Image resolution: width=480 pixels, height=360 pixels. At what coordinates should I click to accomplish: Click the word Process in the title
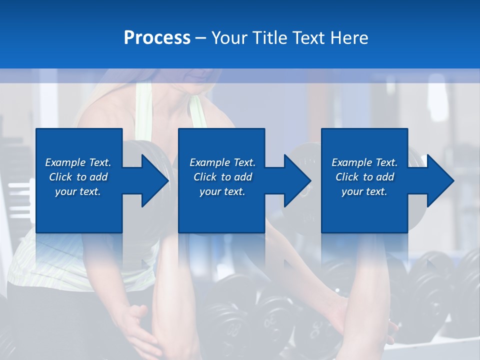pos(157,38)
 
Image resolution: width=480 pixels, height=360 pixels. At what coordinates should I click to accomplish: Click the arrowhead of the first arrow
pos(155,180)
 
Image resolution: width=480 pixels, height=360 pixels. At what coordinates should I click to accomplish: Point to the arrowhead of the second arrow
pos(298,180)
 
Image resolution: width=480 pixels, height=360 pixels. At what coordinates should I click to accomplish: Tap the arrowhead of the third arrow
pos(440,180)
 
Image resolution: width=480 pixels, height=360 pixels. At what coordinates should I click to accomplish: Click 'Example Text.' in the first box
pos(78,162)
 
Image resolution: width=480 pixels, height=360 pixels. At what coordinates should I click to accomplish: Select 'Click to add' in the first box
pos(78,177)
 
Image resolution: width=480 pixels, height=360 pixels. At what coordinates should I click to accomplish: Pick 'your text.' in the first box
pos(78,191)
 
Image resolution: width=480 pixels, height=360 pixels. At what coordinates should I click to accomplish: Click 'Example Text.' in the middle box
pos(222,162)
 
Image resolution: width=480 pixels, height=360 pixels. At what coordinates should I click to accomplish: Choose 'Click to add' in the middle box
pos(222,177)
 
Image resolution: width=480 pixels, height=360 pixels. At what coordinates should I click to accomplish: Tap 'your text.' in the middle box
pos(222,191)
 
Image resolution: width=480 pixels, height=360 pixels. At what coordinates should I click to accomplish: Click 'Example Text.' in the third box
pos(364,162)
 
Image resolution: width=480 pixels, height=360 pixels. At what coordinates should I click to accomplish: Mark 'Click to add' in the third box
pos(364,177)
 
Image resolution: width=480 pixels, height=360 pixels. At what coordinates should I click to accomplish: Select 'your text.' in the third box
pos(364,191)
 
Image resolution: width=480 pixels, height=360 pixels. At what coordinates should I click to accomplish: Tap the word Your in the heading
pos(228,38)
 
